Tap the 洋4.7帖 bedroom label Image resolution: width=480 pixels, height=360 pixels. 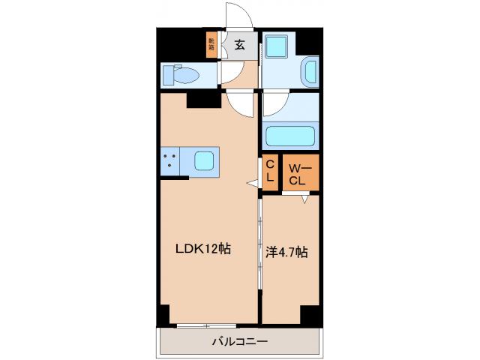pos(286,252)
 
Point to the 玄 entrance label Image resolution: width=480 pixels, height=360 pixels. pos(239,44)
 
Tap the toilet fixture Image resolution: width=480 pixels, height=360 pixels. pos(182,76)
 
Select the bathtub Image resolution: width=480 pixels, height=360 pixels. pos(289,136)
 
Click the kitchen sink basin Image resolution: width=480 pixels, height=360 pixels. pos(203,160)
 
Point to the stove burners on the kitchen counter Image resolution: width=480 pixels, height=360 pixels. pos(169,160)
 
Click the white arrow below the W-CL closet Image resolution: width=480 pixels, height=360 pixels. pos(306,199)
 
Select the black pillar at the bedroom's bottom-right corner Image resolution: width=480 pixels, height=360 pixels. pos(309,316)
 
